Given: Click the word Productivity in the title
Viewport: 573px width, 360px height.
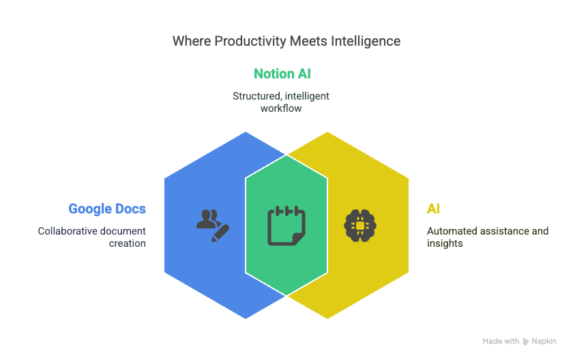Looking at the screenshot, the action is (250, 42).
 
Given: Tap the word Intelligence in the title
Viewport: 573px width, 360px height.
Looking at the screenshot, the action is (366, 42).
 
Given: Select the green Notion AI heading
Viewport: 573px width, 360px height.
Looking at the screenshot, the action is (282, 74).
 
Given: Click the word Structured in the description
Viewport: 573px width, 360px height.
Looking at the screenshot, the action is (257, 96).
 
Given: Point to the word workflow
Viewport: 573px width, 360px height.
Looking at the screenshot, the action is (281, 108).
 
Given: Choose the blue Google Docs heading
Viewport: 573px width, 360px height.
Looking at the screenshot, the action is (107, 209).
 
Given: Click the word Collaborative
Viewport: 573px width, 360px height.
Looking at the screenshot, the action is (68, 231).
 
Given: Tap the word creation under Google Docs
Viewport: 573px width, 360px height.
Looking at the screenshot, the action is (127, 243).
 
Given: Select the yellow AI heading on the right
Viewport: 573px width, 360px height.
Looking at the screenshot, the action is (433, 209).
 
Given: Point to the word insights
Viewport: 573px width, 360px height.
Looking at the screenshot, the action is (445, 243).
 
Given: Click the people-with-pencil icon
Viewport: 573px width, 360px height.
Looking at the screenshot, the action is (213, 225).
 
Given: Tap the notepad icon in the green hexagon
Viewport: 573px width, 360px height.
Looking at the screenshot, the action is (286, 225).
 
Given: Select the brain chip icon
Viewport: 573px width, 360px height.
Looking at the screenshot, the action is (360, 226).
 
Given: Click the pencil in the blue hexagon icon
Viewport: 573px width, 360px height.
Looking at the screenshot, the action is (220, 233).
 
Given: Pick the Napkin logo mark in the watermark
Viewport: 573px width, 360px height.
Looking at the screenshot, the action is (525, 342).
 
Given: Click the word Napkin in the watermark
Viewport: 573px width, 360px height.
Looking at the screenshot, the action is (544, 342).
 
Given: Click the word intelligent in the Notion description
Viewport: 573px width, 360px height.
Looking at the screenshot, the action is (307, 96).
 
